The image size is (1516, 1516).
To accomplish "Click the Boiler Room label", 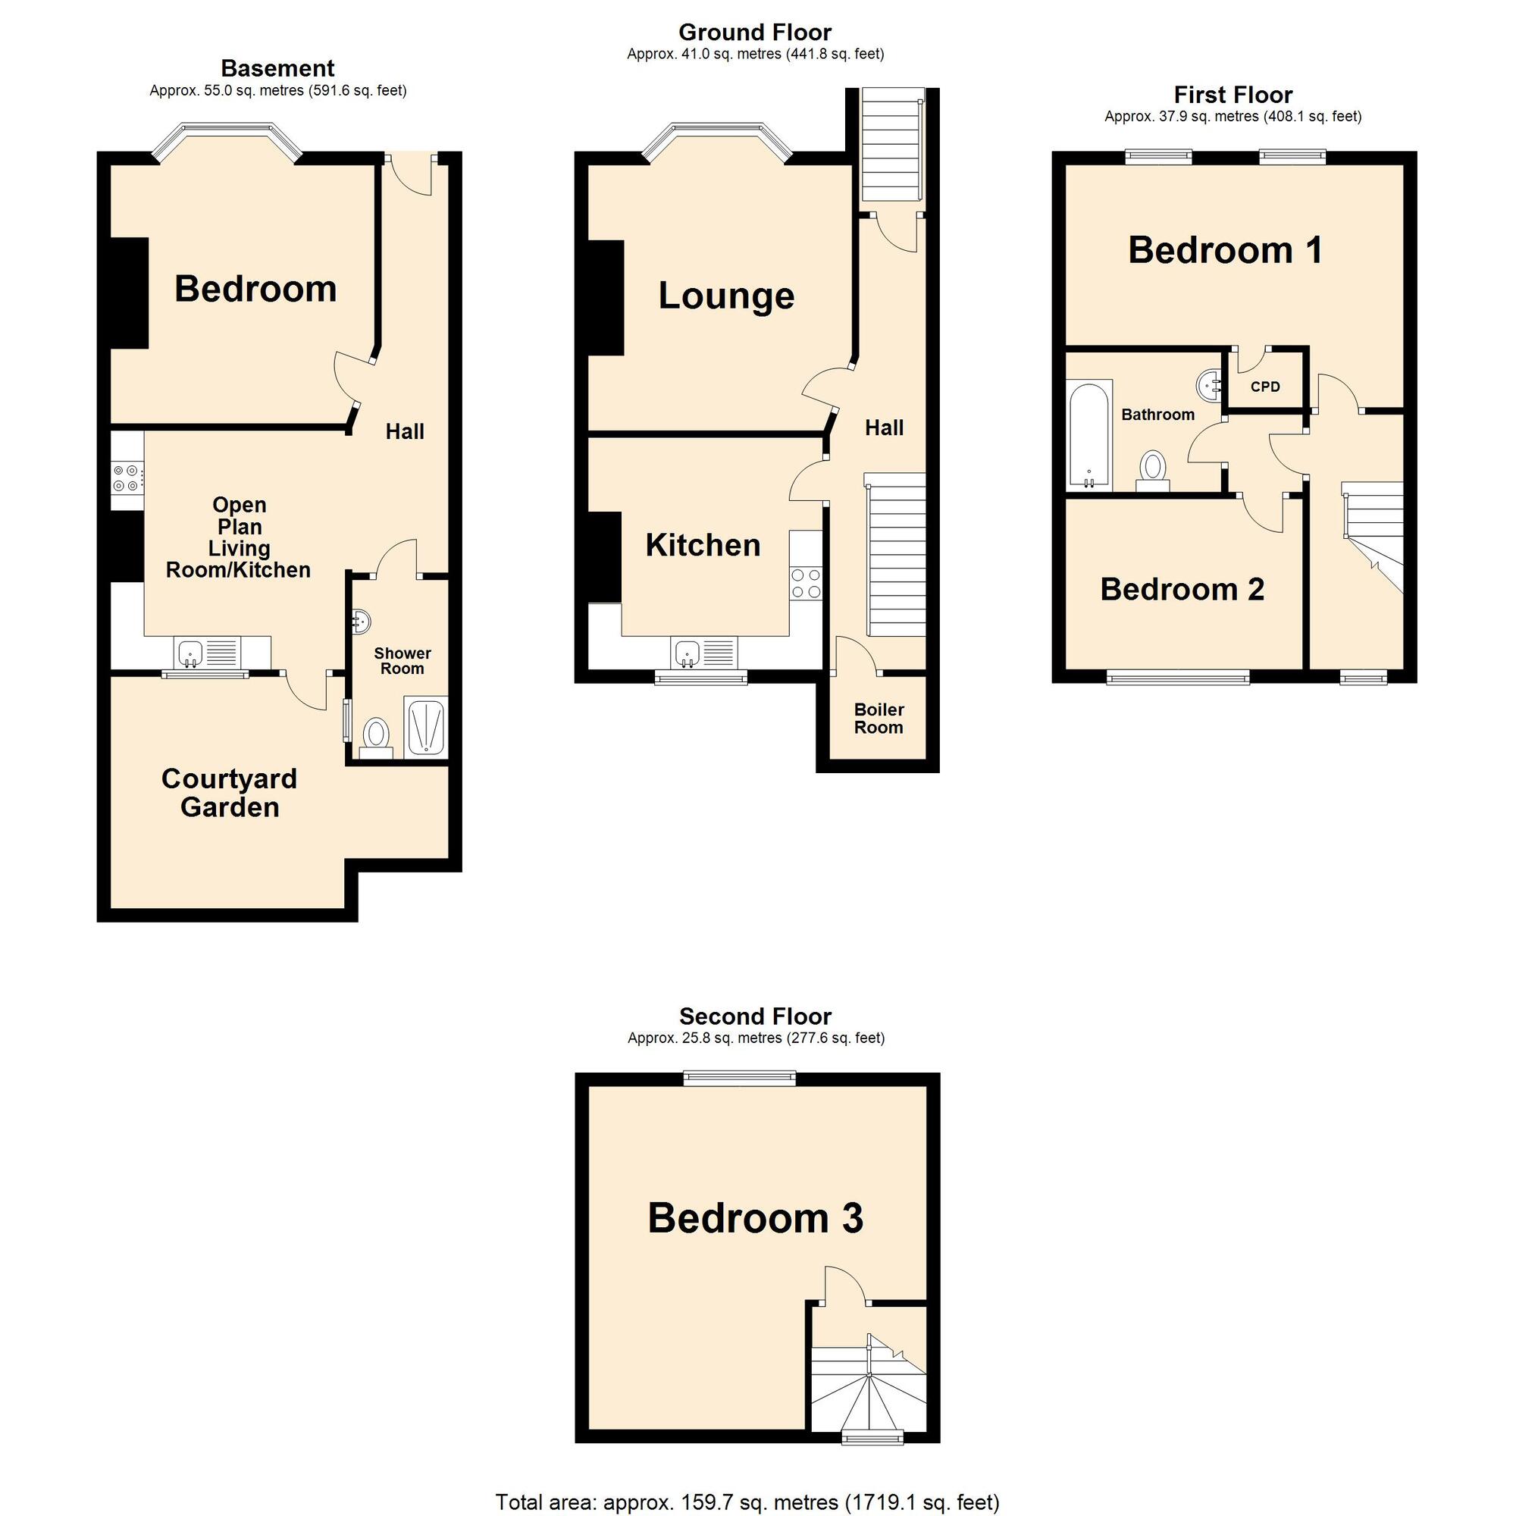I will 878,718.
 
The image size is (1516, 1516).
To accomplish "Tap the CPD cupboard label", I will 1265,387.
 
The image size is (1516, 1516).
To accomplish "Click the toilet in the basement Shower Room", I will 377,736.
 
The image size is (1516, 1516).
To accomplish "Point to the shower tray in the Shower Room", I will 425,727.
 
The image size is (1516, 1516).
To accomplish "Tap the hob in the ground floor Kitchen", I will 806,584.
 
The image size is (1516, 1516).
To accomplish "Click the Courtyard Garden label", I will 229,793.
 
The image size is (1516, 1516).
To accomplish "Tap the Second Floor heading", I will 755,1016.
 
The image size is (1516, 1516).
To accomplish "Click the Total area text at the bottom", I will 747,1502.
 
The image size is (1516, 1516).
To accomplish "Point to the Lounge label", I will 726,296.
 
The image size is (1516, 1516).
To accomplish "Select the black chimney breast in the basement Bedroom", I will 130,292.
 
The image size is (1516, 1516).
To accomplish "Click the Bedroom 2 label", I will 1182,589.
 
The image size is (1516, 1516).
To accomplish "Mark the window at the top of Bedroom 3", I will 739,1079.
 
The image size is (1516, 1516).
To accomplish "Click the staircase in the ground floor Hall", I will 896,557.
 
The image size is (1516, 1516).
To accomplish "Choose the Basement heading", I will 277,68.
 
